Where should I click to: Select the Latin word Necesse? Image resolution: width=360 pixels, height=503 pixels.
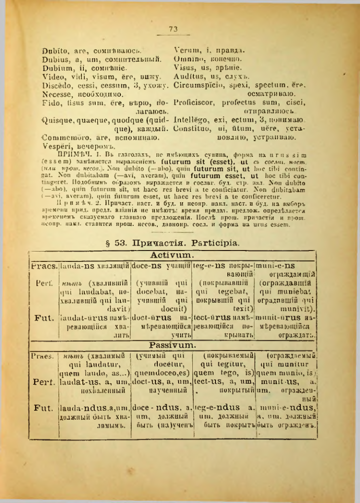(x=56, y=93)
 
